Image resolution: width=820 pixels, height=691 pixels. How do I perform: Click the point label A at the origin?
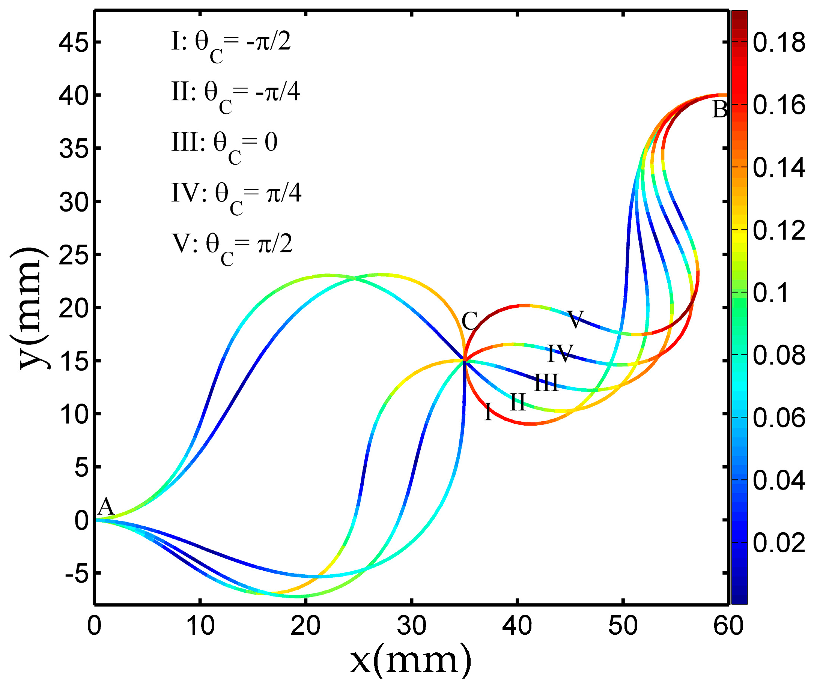(105, 508)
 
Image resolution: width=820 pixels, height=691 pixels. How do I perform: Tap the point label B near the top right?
(720, 110)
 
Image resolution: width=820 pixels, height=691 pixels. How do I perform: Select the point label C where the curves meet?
(469, 321)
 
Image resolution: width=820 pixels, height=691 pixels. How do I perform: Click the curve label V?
(575, 319)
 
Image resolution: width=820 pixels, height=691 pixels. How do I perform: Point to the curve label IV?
(560, 353)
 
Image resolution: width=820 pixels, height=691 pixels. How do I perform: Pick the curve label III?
(546, 383)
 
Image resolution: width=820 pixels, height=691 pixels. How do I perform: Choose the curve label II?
(518, 402)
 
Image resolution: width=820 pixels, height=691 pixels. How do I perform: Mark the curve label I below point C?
(488, 412)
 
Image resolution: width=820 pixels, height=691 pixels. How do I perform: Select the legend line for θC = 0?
(224, 145)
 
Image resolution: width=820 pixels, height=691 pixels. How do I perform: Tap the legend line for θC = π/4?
(236, 196)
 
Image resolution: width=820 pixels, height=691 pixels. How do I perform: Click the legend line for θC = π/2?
(232, 246)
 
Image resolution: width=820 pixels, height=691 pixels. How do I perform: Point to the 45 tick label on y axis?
(74, 42)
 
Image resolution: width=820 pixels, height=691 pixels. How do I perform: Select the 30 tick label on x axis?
(411, 626)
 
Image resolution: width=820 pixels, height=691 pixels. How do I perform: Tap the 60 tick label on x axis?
(728, 626)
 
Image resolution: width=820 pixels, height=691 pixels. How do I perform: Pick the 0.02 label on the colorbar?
(779, 543)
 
